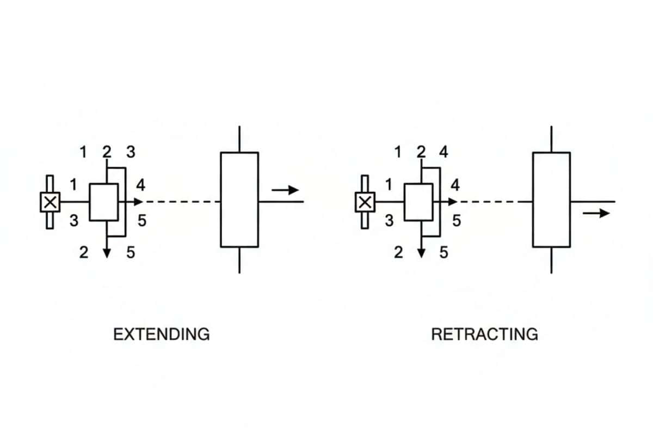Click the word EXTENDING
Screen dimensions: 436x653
[161, 334]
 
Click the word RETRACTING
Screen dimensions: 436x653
[484, 334]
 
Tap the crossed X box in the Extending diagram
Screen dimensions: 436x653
[50, 202]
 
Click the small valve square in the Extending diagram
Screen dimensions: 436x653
[103, 202]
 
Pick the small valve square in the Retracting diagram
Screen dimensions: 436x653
[418, 202]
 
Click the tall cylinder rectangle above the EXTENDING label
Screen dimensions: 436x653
[239, 199]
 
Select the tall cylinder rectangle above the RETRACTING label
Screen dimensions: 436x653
[551, 199]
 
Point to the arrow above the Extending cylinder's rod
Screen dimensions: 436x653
[286, 190]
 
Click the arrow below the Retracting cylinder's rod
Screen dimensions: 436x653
[596, 213]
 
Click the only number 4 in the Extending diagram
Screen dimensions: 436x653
[141, 185]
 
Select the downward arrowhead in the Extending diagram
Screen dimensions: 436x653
[107, 252]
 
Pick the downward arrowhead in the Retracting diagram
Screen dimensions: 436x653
[421, 252]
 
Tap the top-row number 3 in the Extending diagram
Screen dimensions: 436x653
[131, 152]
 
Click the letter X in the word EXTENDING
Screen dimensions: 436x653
[126, 334]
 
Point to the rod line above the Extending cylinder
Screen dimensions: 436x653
[239, 139]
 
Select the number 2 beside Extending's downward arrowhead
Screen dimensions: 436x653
[84, 252]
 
